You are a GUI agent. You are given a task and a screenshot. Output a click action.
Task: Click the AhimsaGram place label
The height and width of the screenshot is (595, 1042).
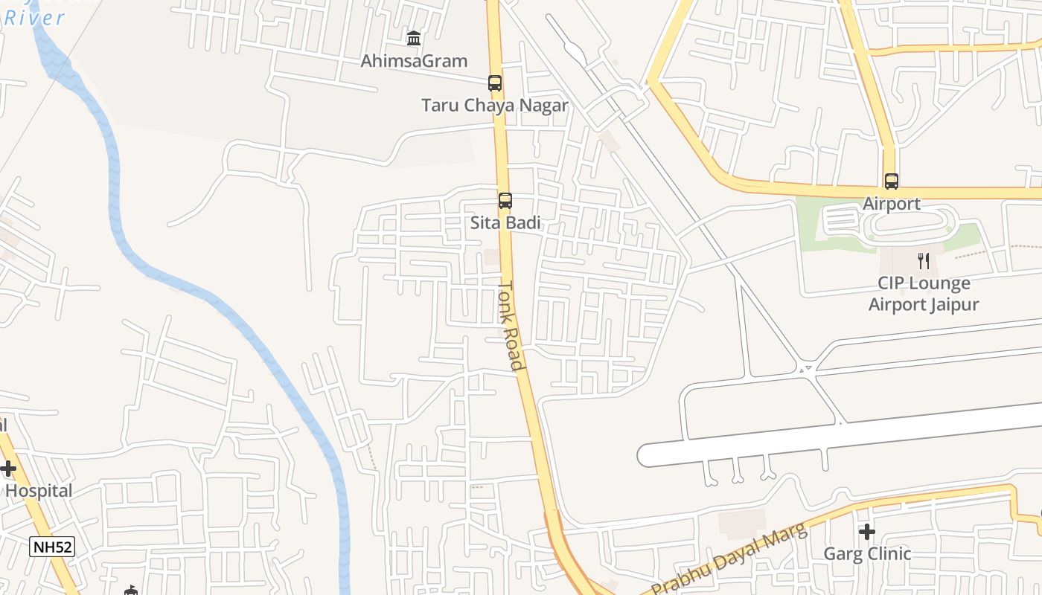(414, 61)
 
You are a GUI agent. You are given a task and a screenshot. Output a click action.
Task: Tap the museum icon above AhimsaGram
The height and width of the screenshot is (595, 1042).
(414, 38)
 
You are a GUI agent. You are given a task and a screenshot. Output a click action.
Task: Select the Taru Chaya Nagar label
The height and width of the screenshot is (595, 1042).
(495, 106)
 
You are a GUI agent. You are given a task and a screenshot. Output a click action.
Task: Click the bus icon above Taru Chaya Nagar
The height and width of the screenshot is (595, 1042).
(495, 83)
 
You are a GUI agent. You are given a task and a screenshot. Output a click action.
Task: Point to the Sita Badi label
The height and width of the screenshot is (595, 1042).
(505, 223)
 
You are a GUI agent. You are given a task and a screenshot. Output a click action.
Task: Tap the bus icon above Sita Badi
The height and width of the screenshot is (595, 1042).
(505, 201)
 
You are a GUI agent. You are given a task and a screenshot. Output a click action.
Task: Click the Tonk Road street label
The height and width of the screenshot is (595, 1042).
(511, 324)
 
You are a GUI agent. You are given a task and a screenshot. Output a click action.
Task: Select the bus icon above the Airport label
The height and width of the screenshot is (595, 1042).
(891, 181)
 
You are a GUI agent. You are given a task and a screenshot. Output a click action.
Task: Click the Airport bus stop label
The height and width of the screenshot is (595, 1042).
(891, 204)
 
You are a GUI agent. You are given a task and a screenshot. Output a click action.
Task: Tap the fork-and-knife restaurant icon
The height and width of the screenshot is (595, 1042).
(924, 260)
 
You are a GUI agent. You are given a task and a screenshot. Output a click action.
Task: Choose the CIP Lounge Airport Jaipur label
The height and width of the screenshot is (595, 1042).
(924, 294)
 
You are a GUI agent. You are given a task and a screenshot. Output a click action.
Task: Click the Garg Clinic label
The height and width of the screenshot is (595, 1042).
(866, 554)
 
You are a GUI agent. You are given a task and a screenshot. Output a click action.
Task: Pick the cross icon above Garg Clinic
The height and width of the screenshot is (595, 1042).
(866, 532)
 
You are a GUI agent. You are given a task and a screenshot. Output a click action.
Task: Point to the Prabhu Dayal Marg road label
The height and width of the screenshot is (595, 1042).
(729, 559)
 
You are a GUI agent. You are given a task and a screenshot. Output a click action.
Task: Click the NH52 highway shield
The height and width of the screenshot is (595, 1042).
(53, 547)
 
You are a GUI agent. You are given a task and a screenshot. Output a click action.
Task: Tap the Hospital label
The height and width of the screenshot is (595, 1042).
(39, 491)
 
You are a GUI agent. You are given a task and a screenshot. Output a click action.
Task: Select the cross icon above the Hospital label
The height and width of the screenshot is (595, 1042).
(8, 469)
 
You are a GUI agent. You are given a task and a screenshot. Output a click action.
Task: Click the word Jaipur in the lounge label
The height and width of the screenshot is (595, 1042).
(952, 304)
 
